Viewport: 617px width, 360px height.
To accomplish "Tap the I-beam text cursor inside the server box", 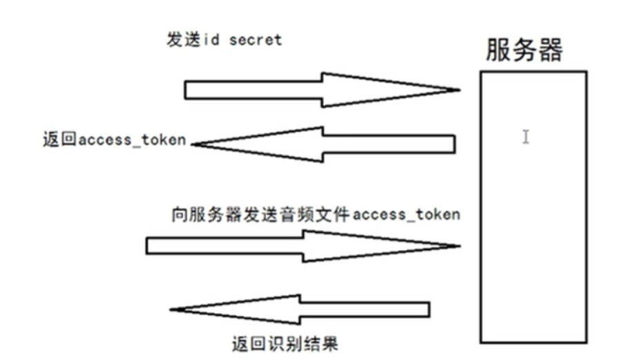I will point(526,137).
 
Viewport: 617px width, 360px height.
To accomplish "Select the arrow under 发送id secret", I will point(311,90).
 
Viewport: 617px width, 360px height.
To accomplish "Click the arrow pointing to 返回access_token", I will point(325,144).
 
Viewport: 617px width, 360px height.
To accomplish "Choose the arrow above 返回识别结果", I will point(304,309).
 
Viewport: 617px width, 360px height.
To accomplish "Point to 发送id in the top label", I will point(193,39).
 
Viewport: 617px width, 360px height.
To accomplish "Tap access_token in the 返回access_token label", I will point(133,140).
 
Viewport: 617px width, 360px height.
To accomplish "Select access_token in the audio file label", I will point(406,214).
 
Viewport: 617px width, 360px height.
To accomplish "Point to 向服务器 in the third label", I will point(199,214).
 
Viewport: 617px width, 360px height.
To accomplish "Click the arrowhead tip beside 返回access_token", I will point(193,144).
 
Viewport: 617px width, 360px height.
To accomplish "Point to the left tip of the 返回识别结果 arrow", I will point(171,310).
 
